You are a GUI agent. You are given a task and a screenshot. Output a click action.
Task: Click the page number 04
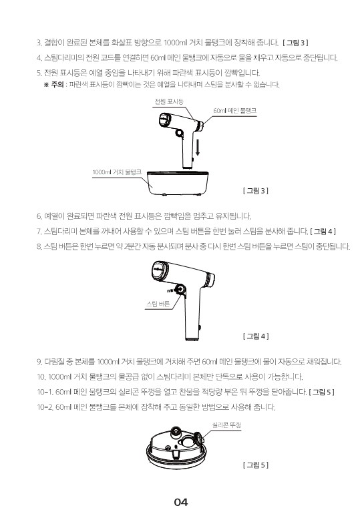(x=181, y=502)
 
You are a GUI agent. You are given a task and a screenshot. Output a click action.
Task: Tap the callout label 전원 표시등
(x=169, y=101)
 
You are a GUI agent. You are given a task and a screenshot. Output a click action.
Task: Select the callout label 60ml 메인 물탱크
(x=234, y=111)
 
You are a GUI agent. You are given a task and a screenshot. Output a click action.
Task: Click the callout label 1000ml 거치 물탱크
(x=117, y=172)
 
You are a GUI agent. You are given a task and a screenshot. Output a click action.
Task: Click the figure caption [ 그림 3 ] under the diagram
(x=256, y=191)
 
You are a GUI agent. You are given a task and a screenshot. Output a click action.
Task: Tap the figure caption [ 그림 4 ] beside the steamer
(x=256, y=336)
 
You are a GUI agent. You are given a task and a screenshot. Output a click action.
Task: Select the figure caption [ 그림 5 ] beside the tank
(x=256, y=465)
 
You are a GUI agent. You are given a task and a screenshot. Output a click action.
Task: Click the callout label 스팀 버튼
(x=158, y=304)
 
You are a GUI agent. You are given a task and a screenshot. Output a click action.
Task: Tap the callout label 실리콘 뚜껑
(x=226, y=425)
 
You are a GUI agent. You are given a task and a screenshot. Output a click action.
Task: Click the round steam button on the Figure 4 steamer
(x=179, y=290)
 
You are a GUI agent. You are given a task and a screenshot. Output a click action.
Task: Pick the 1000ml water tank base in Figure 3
(x=178, y=183)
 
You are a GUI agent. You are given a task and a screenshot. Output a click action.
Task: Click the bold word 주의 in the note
(x=57, y=85)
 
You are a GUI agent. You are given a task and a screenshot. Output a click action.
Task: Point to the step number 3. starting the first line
(x=39, y=43)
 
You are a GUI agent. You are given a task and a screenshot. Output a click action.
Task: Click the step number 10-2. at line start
(x=45, y=407)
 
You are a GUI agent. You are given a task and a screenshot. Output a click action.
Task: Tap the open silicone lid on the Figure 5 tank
(x=196, y=441)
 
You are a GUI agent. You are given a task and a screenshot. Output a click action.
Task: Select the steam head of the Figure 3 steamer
(x=165, y=121)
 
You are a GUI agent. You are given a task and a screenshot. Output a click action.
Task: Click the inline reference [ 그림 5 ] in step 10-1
(x=321, y=392)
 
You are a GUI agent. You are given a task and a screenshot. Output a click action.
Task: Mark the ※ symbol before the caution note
(x=46, y=85)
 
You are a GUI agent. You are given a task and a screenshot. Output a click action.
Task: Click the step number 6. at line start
(x=39, y=216)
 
